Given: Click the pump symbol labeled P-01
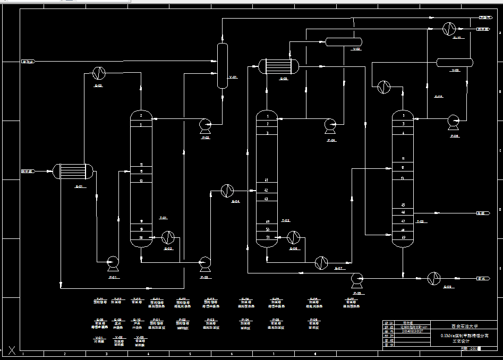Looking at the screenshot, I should tap(113, 261).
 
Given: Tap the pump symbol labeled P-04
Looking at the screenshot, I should tap(330, 124).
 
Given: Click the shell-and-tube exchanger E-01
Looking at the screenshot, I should tap(73, 171).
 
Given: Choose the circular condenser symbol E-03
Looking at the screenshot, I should tap(99, 72).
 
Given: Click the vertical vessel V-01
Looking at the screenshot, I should tap(222, 65).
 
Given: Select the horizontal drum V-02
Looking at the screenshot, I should tap(343, 41).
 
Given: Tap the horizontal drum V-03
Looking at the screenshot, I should tap(455, 62).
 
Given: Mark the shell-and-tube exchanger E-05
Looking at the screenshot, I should tap(278, 66).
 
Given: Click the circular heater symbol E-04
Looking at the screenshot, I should tap(227, 190).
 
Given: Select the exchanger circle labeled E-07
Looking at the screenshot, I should tap(321, 262).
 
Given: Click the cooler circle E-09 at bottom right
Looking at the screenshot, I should tap(434, 277).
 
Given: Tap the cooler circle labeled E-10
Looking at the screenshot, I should tap(449, 29).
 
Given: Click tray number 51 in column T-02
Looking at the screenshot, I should tap(268, 237).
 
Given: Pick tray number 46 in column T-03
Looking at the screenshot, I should tap(403, 212).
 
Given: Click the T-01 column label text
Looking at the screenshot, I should tap(163, 218).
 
